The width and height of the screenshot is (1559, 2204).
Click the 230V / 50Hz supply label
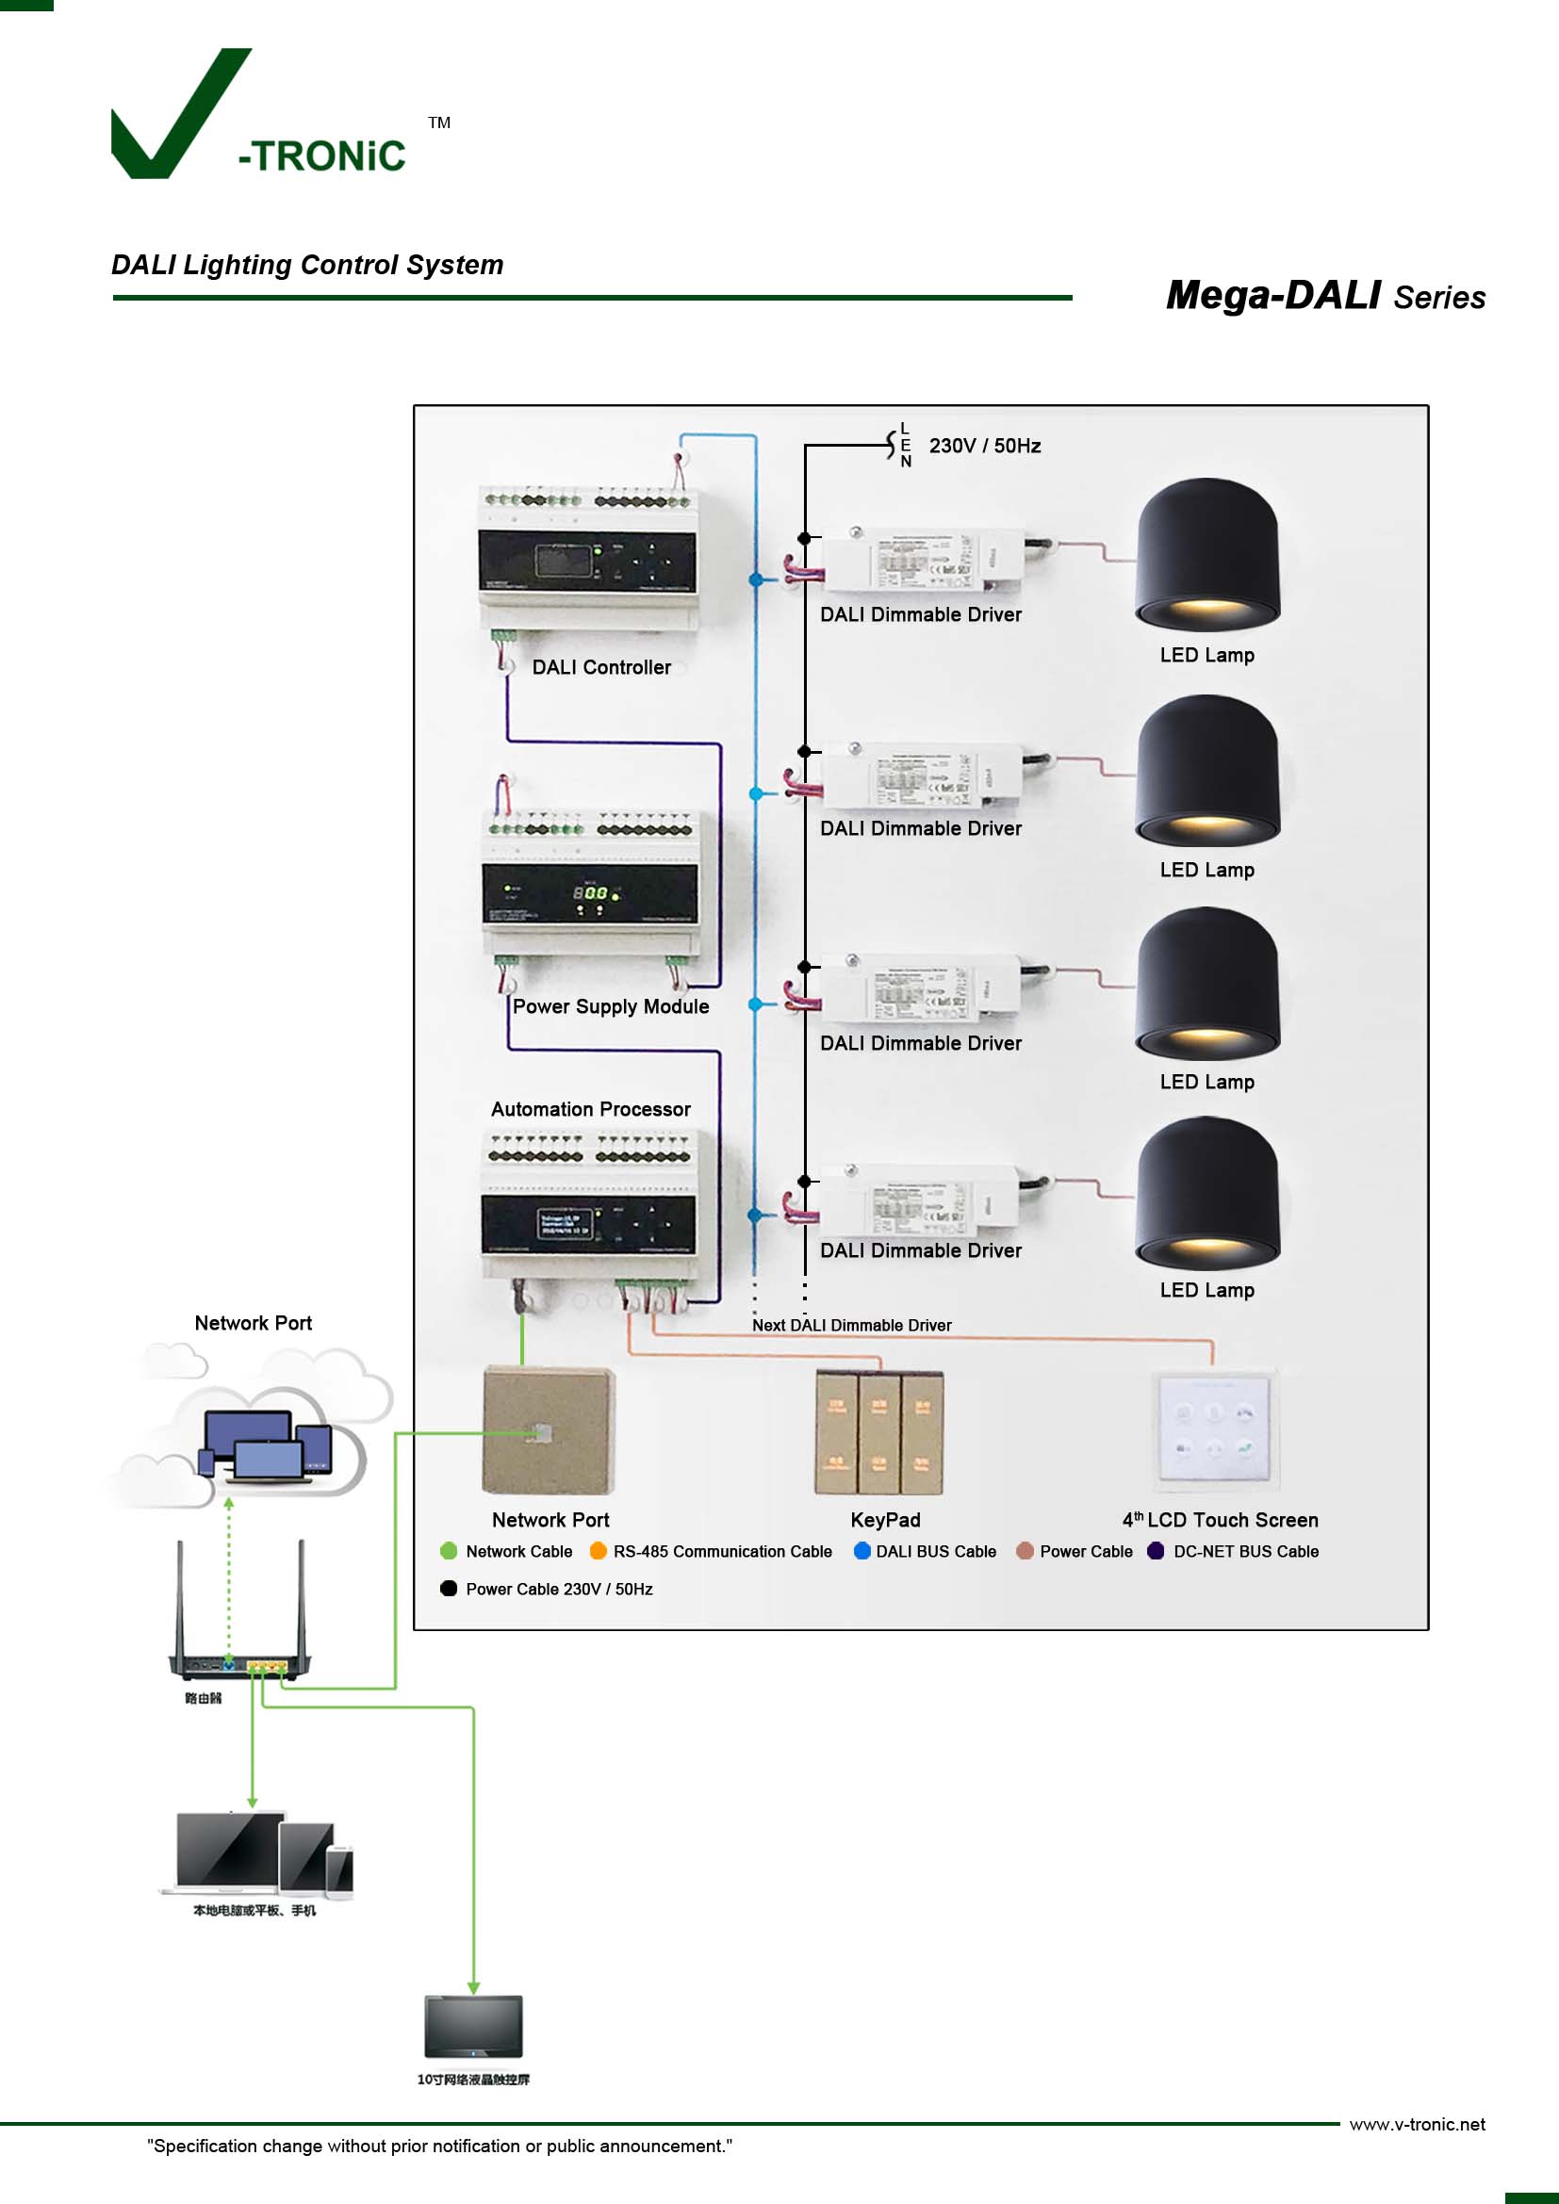pos(984,447)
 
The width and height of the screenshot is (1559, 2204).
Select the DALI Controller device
pos(588,561)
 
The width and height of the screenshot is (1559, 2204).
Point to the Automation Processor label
pos(590,1110)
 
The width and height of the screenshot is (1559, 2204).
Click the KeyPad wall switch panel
pos(878,1432)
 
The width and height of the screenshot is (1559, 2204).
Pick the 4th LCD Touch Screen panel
pos(1214,1429)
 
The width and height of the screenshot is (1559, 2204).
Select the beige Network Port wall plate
pos(549,1430)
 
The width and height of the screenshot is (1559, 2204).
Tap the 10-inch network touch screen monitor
pos(473,2026)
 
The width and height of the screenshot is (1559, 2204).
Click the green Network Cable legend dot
pos(449,1551)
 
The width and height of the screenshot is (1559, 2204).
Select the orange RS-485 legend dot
pos(599,1551)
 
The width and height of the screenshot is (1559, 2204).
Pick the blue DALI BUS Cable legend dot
pos(862,1551)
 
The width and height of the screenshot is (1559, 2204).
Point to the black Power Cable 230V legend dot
pos(449,1589)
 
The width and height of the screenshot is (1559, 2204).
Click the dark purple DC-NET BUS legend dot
pos(1156,1551)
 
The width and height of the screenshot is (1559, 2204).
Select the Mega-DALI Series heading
pos(1324,296)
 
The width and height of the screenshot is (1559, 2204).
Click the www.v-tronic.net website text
pos(1417,2124)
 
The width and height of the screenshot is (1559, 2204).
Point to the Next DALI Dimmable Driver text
pos(851,1326)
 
